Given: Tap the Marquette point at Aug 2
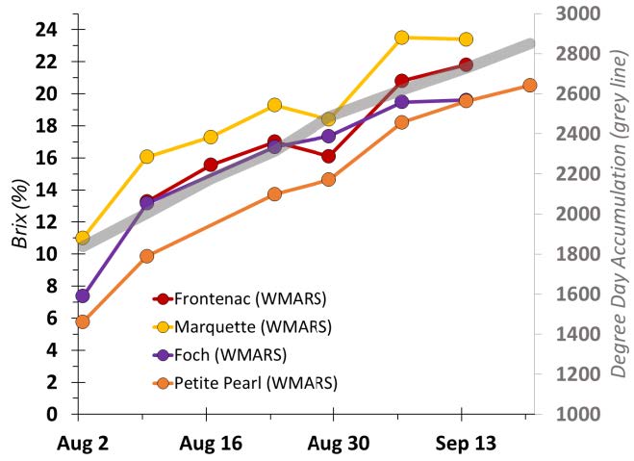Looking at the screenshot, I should coord(83,238).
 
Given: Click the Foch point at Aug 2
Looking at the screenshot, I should coord(83,295).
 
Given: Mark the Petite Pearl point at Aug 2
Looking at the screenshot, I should coord(83,321).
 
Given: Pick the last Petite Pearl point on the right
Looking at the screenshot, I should coord(529,86).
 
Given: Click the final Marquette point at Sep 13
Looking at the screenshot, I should coord(466,39).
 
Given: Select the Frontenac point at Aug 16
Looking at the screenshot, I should coord(211,165).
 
